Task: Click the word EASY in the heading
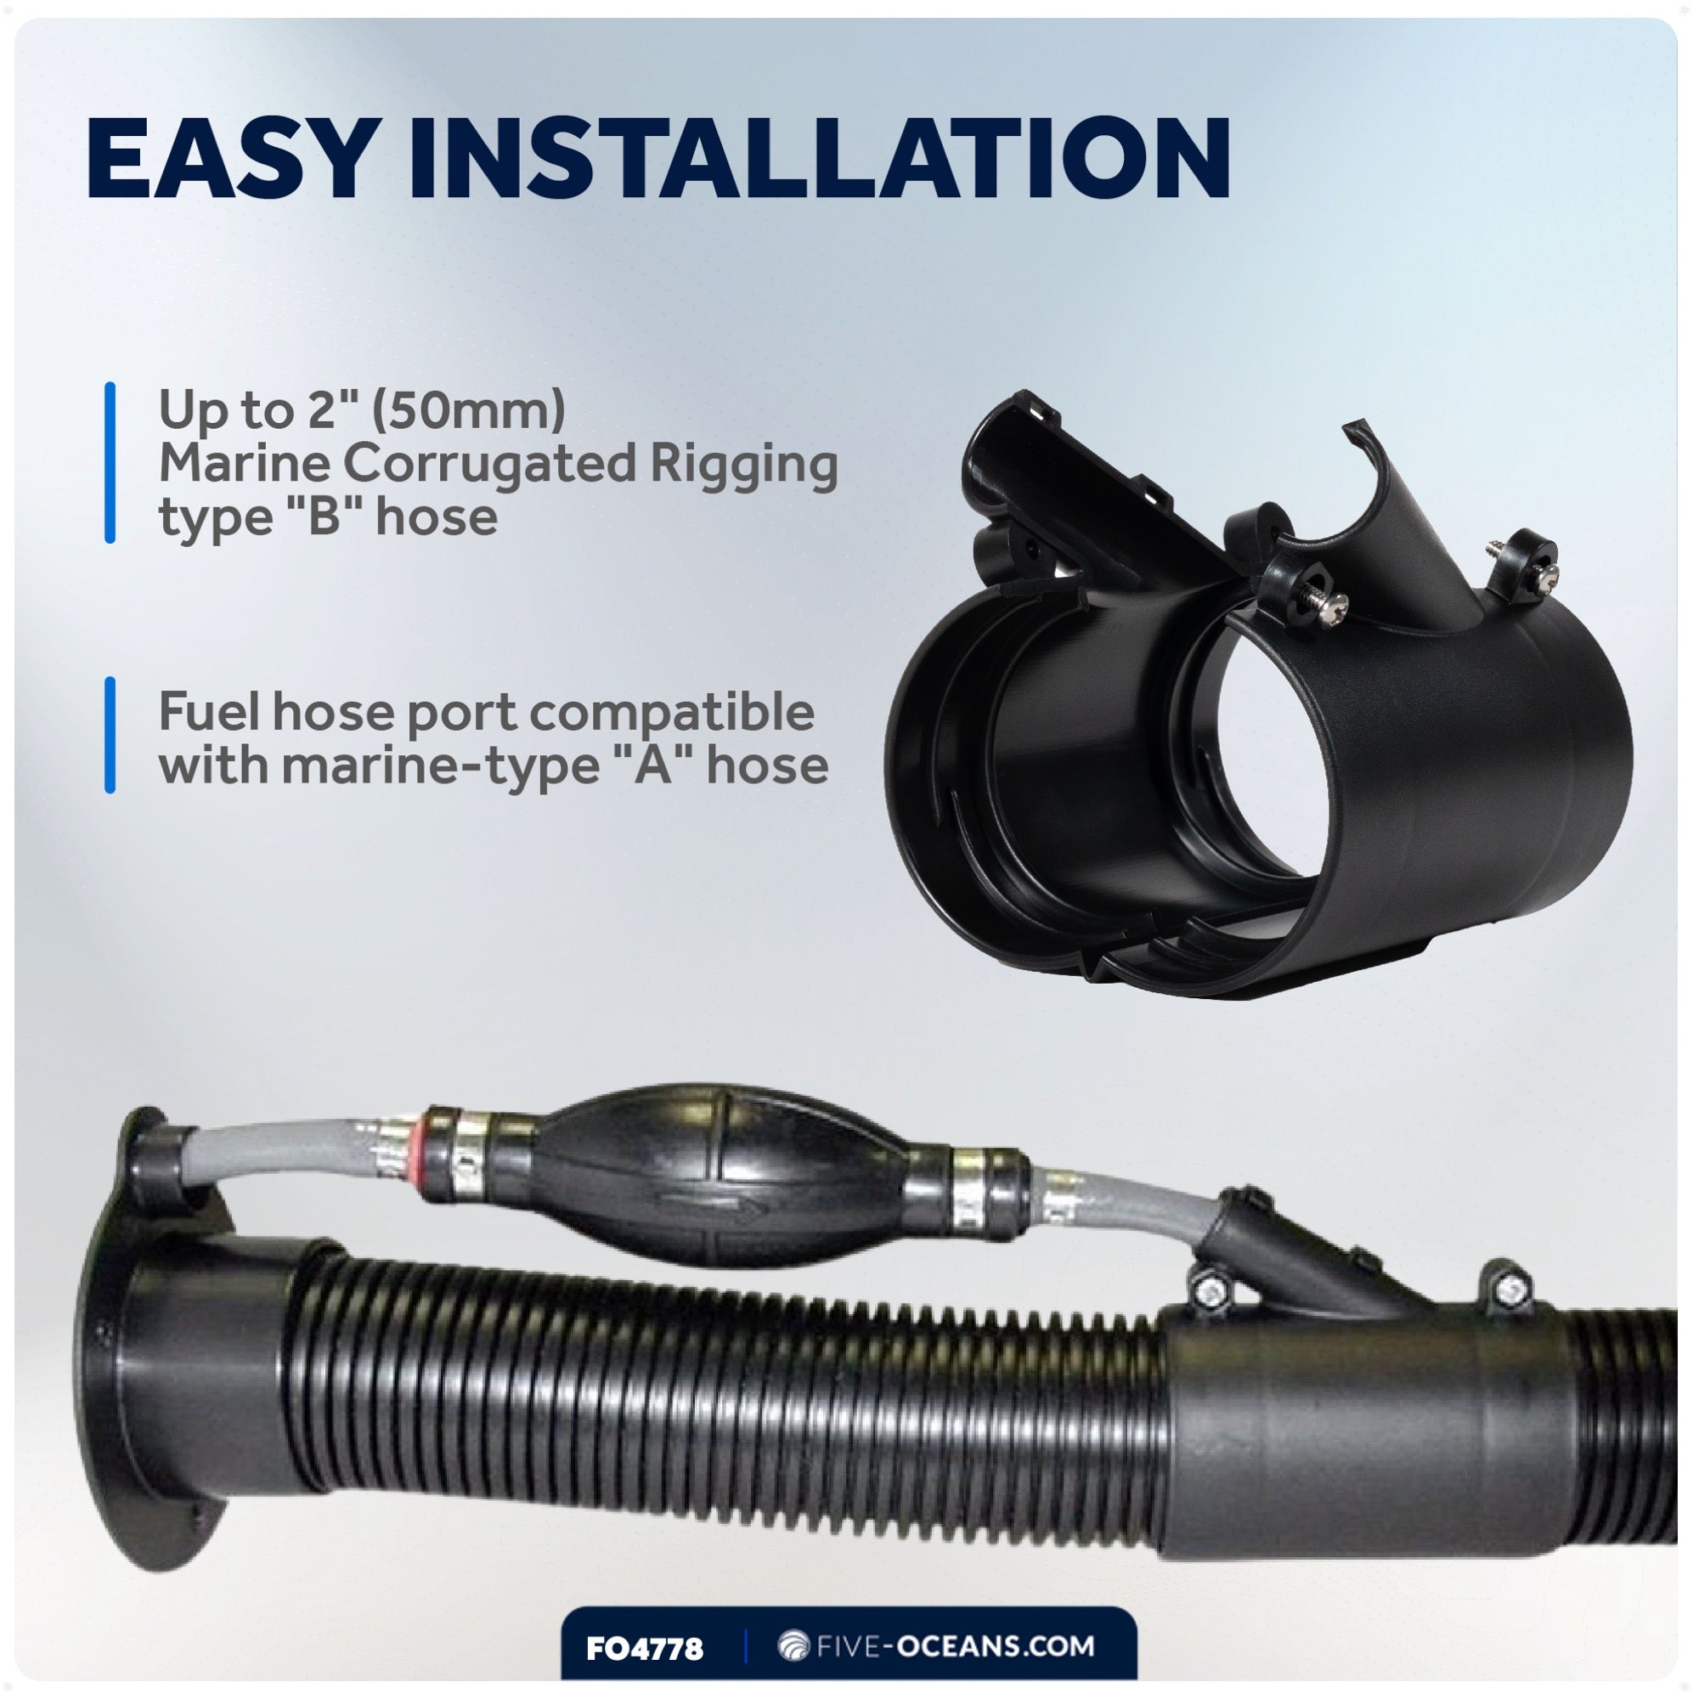tap(227, 159)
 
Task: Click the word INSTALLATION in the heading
tap(818, 159)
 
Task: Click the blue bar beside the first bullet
tap(110, 463)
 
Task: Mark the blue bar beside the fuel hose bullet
tap(110, 735)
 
